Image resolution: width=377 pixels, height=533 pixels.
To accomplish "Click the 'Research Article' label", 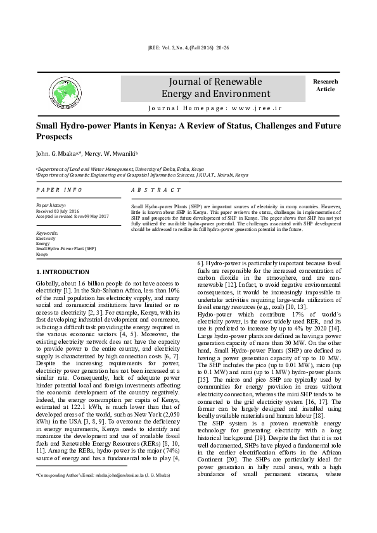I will click(326, 85).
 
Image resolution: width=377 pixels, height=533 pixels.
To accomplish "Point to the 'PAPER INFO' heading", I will click(59, 190).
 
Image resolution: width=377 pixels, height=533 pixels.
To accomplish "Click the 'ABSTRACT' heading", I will click(156, 190).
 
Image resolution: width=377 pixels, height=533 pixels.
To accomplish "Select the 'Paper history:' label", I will click(51, 206).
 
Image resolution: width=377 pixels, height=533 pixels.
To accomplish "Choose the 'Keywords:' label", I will click(48, 233).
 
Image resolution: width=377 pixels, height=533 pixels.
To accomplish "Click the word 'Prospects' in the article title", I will click(54, 137).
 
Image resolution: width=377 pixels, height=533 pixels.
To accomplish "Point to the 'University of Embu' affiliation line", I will click(120, 170).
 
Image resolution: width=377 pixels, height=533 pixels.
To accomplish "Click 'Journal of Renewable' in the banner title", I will click(212, 82).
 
